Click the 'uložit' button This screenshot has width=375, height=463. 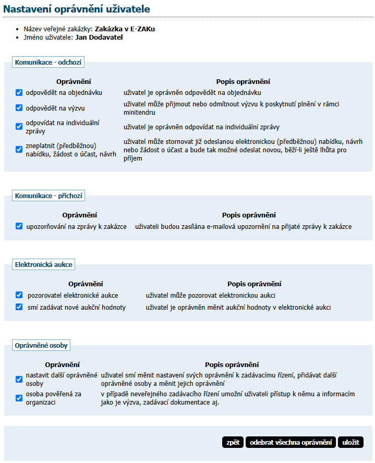click(x=350, y=442)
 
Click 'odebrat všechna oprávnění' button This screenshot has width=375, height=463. click(x=291, y=442)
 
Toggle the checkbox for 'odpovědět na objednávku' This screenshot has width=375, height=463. click(x=19, y=92)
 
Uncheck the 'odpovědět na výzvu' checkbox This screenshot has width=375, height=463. click(x=19, y=108)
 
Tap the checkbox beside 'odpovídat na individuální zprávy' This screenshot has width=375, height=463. click(x=19, y=127)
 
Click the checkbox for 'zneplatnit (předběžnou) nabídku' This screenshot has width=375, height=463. click(x=19, y=150)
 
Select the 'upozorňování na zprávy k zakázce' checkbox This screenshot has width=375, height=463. click(x=19, y=226)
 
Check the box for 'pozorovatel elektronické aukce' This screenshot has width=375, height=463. click(x=19, y=295)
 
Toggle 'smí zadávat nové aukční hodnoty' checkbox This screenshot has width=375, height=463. click(x=19, y=307)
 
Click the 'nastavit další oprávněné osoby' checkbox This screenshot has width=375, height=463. click(x=19, y=379)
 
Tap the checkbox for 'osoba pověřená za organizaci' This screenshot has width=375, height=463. click(x=19, y=398)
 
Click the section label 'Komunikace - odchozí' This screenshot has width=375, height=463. click(x=49, y=62)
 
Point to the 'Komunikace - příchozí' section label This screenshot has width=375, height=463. click(x=49, y=196)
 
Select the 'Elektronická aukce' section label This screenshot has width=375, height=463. click(x=44, y=264)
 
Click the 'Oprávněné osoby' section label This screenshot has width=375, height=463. click(x=41, y=345)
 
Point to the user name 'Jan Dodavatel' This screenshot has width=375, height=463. click(x=99, y=38)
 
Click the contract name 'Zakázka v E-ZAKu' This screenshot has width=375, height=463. click(x=125, y=29)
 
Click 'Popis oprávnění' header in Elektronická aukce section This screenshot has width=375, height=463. click(x=254, y=284)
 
